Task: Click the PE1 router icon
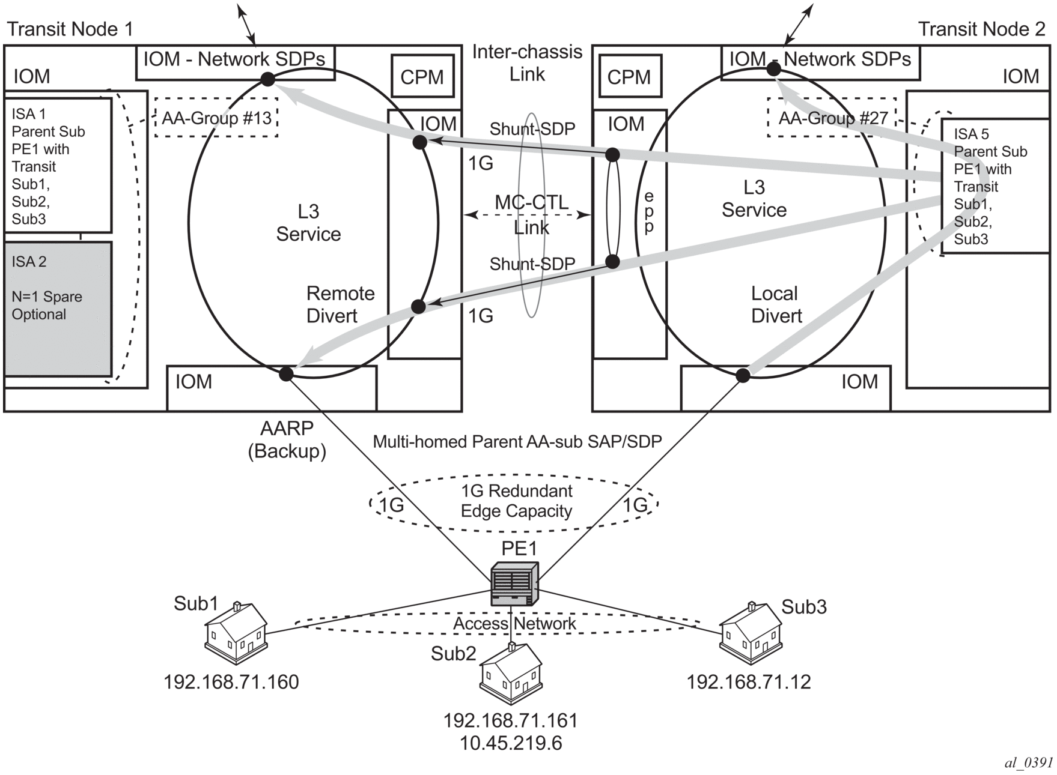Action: click(514, 584)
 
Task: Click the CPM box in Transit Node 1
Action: click(422, 76)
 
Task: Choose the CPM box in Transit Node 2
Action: click(629, 76)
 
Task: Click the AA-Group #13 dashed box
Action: click(216, 118)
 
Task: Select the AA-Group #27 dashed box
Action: click(832, 118)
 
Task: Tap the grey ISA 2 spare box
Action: click(58, 309)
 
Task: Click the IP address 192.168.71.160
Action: click(231, 682)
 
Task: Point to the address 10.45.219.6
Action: click(511, 743)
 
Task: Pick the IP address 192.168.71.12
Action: click(749, 682)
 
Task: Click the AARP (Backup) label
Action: click(287, 439)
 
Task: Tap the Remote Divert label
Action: click(340, 304)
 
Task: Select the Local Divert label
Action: click(776, 304)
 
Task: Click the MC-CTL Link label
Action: click(531, 214)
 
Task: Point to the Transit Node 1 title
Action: click(70, 29)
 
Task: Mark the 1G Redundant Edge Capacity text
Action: click(516, 501)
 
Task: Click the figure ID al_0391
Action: click(1028, 762)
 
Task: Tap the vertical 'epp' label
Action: click(649, 211)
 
